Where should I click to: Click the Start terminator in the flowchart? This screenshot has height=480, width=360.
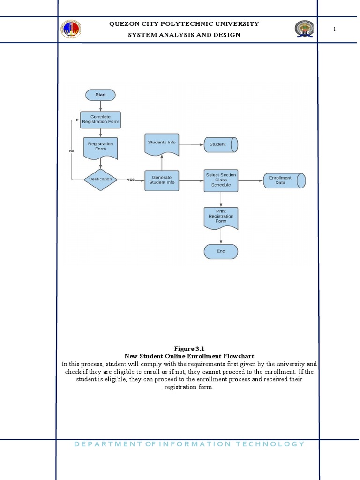point(100,95)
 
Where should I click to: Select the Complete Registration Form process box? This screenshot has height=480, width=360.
point(100,120)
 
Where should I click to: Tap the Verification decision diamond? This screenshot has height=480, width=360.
point(100,179)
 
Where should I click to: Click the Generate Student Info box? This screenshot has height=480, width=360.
point(162,180)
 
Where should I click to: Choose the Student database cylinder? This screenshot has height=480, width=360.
point(221,144)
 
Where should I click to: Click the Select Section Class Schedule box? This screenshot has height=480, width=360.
point(221,180)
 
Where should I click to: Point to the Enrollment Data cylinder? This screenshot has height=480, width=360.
point(284,180)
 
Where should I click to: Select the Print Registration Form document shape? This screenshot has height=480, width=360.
point(221,217)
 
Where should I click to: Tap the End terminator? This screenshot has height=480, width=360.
point(221,251)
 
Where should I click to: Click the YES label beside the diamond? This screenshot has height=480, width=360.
point(131,180)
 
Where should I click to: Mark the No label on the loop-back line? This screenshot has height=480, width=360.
point(72,151)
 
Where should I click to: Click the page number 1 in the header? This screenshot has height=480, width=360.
point(335,30)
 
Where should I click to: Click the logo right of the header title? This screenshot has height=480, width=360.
point(304,29)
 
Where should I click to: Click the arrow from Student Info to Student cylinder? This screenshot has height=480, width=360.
point(191,144)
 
